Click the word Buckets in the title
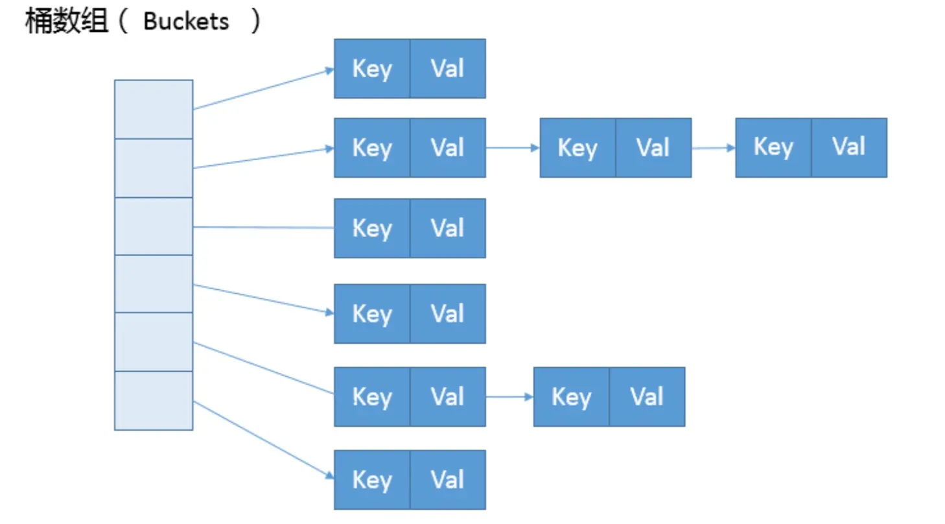[x=186, y=21]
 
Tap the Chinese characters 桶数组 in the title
[x=67, y=21]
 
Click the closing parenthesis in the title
[x=255, y=21]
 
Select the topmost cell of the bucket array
[x=154, y=110]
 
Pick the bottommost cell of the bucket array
[x=154, y=401]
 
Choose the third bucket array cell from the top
[x=154, y=226]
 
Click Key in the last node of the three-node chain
[x=773, y=148]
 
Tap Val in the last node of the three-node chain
[x=849, y=148]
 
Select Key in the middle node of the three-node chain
[x=577, y=148]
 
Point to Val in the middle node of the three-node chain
[x=653, y=148]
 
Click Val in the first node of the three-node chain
[x=448, y=148]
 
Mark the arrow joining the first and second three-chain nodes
[x=513, y=148]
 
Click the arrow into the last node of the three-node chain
[x=714, y=148]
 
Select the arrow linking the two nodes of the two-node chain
[x=509, y=397]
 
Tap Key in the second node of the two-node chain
[x=571, y=397]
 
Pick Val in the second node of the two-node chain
[x=647, y=397]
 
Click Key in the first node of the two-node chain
[x=371, y=397]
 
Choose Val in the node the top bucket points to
[x=448, y=69]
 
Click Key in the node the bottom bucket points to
[x=371, y=480]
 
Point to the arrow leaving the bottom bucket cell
[x=264, y=440]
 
